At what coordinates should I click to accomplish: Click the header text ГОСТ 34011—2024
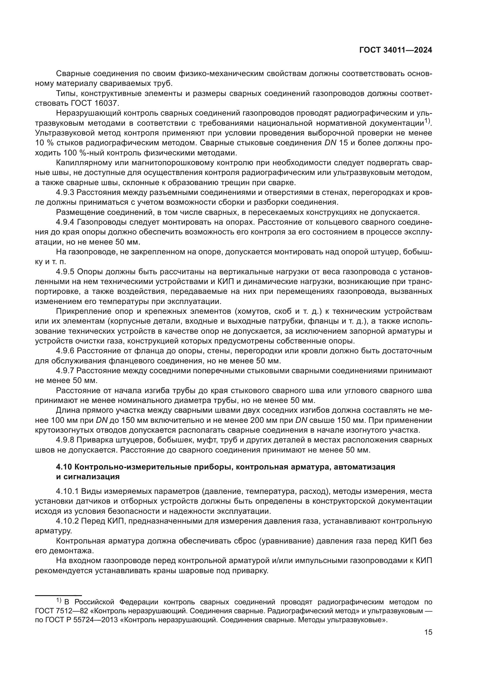tap(395, 50)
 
